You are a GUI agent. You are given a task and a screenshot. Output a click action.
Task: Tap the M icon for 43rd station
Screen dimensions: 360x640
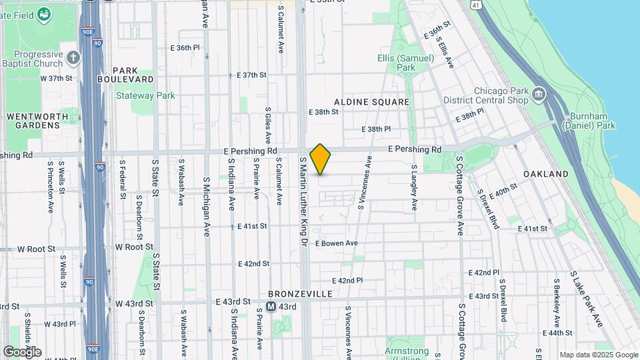coord(271,307)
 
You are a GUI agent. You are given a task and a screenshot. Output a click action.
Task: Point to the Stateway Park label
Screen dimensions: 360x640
coord(145,95)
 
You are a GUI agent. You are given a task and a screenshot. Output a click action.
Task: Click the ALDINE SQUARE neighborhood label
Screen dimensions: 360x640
coord(371,101)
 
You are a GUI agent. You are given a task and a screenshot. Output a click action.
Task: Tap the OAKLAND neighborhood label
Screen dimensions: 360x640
coord(546,174)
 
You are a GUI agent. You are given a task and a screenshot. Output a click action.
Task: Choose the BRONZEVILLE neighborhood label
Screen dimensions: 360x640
coord(300,293)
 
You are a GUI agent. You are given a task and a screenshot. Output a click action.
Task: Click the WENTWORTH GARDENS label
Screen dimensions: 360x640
coord(37,121)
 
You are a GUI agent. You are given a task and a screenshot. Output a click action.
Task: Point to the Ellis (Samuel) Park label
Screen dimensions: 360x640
coord(405,63)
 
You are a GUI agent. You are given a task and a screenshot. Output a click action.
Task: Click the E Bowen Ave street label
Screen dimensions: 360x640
coord(337,243)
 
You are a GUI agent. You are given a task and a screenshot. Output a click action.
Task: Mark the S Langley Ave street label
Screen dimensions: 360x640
coord(414,187)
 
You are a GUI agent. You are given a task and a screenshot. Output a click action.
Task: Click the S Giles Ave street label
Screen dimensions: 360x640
coord(268,125)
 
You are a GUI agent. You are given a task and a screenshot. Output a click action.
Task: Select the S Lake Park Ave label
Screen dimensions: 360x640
coord(587,299)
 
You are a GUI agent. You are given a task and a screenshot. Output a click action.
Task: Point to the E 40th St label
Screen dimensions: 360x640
coord(503,191)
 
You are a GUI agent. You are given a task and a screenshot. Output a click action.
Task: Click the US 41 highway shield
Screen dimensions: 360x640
coord(475,5)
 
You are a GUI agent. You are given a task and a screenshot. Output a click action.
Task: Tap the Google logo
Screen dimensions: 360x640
coord(22,351)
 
